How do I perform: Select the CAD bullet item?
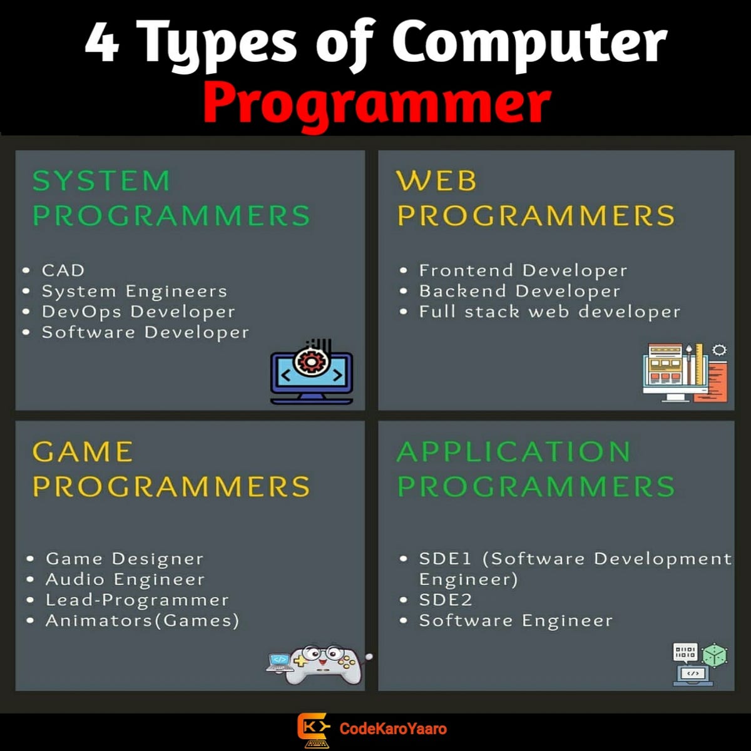[63, 270]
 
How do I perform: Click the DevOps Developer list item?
[138, 312]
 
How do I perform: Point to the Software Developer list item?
[145, 332]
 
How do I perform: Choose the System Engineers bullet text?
[134, 291]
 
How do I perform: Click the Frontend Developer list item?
[523, 270]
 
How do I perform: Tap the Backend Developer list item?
[519, 291]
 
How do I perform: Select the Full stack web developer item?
[549, 312]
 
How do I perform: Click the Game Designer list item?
[125, 559]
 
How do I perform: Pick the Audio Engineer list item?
[125, 580]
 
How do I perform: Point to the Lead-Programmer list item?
[137, 600]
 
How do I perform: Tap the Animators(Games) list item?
[142, 621]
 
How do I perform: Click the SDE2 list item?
[445, 600]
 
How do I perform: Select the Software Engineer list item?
[516, 621]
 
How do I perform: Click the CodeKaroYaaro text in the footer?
[393, 728]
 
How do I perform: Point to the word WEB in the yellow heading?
[436, 181]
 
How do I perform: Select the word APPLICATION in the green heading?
[514, 452]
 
